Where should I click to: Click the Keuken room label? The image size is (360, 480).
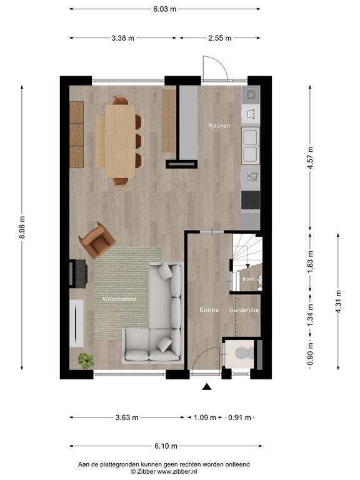pos(219,126)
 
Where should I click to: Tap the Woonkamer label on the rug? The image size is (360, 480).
pos(119,299)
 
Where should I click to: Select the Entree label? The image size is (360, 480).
pos(209,310)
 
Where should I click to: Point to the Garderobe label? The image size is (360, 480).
pos(244,310)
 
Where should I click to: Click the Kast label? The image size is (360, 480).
pos(249,279)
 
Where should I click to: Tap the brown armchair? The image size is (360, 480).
pos(97,240)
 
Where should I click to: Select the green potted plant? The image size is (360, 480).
pos(86,361)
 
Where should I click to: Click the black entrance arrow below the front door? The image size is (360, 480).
pos(207,387)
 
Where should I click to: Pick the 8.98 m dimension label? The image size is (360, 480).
pos(22,227)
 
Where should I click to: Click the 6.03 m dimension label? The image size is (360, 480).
pos(165,9)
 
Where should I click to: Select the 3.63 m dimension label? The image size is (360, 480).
pos(127,417)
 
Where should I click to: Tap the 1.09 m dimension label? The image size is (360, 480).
pos(205,417)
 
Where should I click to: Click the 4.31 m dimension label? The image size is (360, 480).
pos(338,302)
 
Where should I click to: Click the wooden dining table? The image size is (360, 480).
pos(120,141)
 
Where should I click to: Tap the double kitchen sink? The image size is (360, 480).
pos(251,146)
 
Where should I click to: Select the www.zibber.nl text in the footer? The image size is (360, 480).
pos(177,472)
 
